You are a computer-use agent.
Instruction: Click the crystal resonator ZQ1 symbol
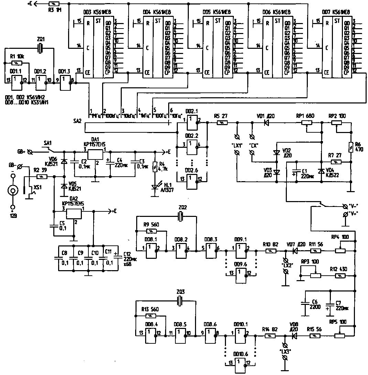click(41, 49)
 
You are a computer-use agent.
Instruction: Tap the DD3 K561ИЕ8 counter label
click(93, 12)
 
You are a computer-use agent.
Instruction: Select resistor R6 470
click(350, 147)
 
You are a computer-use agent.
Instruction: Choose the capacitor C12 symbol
click(116, 257)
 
